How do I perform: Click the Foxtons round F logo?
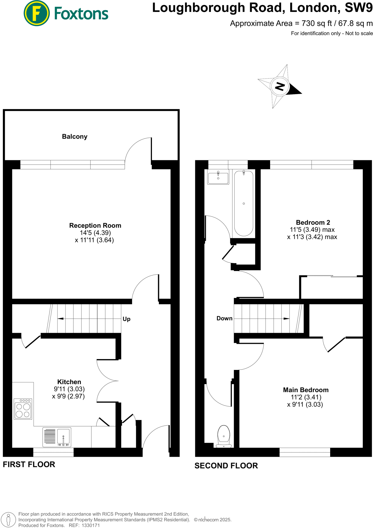click(x=36, y=13)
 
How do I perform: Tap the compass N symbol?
click(x=280, y=86)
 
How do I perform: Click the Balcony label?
click(x=75, y=136)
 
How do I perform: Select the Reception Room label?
click(x=95, y=226)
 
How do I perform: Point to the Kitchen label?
click(x=69, y=382)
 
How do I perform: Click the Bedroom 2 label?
click(x=313, y=222)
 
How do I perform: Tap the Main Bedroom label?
click(x=306, y=390)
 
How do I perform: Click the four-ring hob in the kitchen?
click(x=23, y=409)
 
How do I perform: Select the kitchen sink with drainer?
click(x=57, y=437)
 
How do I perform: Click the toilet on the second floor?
click(x=224, y=436)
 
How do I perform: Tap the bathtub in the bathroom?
click(x=244, y=203)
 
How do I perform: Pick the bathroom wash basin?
click(x=218, y=177)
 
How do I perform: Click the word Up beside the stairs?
click(x=126, y=319)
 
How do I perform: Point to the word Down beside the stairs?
click(x=224, y=318)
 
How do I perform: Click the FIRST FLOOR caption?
click(x=29, y=465)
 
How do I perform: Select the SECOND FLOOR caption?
click(x=226, y=466)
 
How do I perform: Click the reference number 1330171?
click(x=91, y=525)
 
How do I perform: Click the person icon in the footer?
click(x=8, y=519)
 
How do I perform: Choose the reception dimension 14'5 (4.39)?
click(x=95, y=233)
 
